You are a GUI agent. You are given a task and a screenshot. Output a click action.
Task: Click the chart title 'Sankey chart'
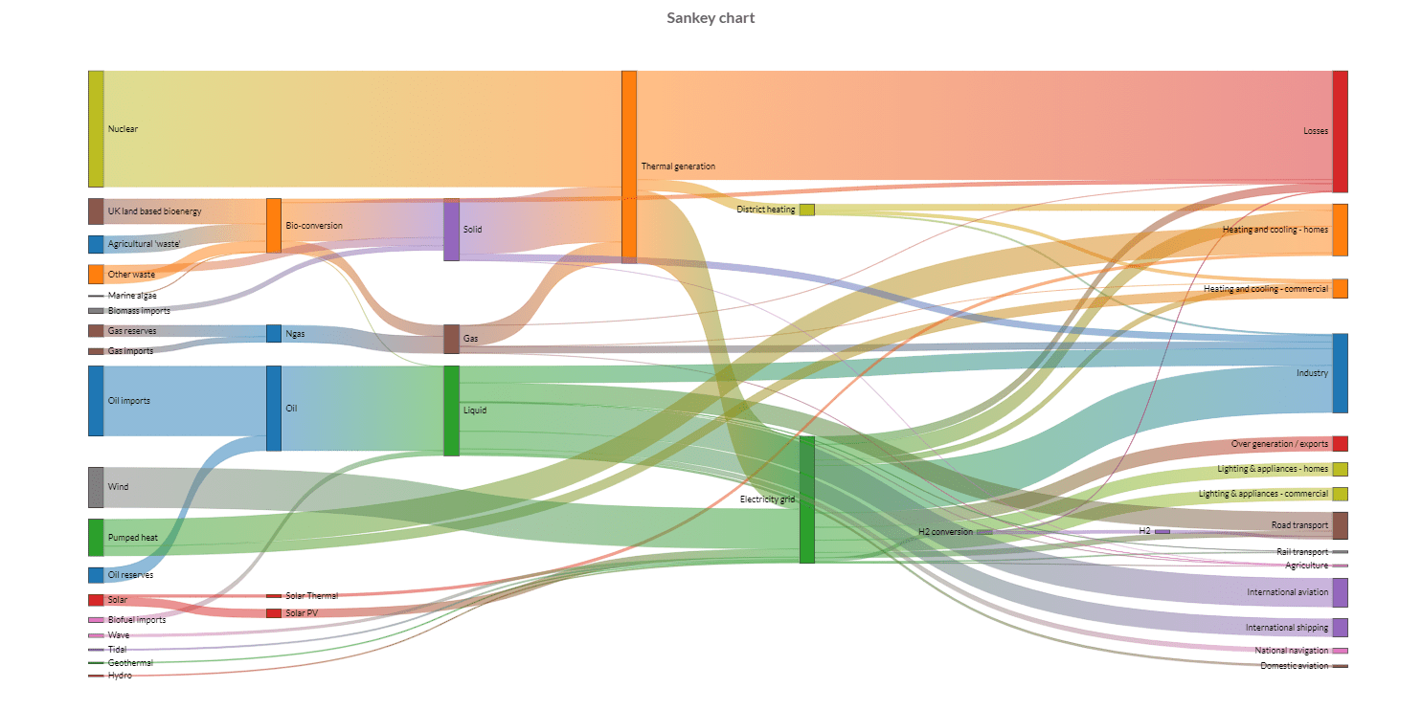[711, 18]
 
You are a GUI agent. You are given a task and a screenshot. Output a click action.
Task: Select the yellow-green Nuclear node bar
[96, 128]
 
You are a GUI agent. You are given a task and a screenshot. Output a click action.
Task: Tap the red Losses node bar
[1340, 131]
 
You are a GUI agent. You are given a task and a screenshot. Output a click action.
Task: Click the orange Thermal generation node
[629, 166]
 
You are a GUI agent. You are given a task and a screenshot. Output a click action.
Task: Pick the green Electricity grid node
[807, 499]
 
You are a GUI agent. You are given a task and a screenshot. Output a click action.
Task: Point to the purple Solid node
[451, 230]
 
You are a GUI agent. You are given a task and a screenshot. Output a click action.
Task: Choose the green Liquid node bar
[451, 410]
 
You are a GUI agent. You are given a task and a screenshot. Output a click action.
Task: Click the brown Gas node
[451, 339]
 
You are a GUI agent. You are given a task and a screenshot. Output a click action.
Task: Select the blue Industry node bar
[1340, 373]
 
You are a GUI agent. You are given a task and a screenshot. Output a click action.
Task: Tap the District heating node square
[807, 210]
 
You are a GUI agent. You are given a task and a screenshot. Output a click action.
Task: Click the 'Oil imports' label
[129, 401]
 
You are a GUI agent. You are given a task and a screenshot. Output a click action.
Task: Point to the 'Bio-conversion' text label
[314, 226]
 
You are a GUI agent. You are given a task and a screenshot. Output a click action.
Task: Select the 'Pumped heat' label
[133, 538]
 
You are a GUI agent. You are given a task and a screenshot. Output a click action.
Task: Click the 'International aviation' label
[1287, 592]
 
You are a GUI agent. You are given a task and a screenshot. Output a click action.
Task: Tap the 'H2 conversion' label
[945, 532]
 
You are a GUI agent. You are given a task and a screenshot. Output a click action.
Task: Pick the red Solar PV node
[274, 613]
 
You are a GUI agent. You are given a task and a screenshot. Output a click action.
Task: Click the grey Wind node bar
[96, 487]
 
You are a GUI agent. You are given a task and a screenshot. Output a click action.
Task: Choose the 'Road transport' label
[1299, 525]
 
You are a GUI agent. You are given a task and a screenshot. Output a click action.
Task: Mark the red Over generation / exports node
[1340, 444]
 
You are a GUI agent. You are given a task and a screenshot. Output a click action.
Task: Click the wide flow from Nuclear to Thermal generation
[364, 128]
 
